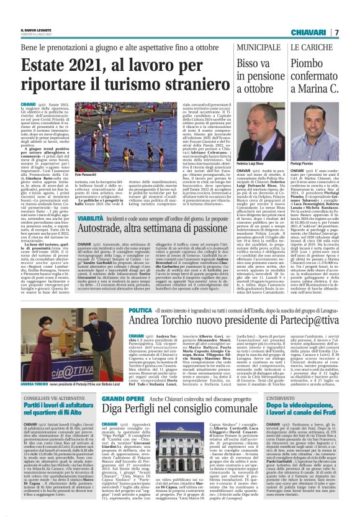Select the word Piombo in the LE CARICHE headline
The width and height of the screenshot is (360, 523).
click(x=297, y=63)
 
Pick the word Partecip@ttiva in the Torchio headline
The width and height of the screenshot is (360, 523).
click(x=262, y=322)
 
